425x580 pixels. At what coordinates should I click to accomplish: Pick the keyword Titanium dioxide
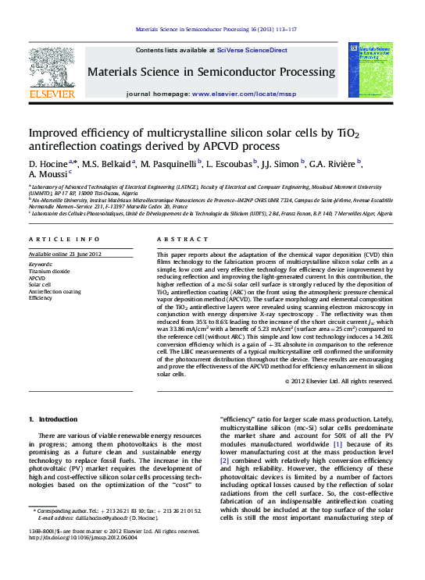(49, 271)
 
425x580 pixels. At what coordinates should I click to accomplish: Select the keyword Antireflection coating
(55, 291)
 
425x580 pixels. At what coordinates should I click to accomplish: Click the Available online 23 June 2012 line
(65, 254)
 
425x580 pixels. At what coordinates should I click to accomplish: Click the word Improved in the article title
(55, 133)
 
